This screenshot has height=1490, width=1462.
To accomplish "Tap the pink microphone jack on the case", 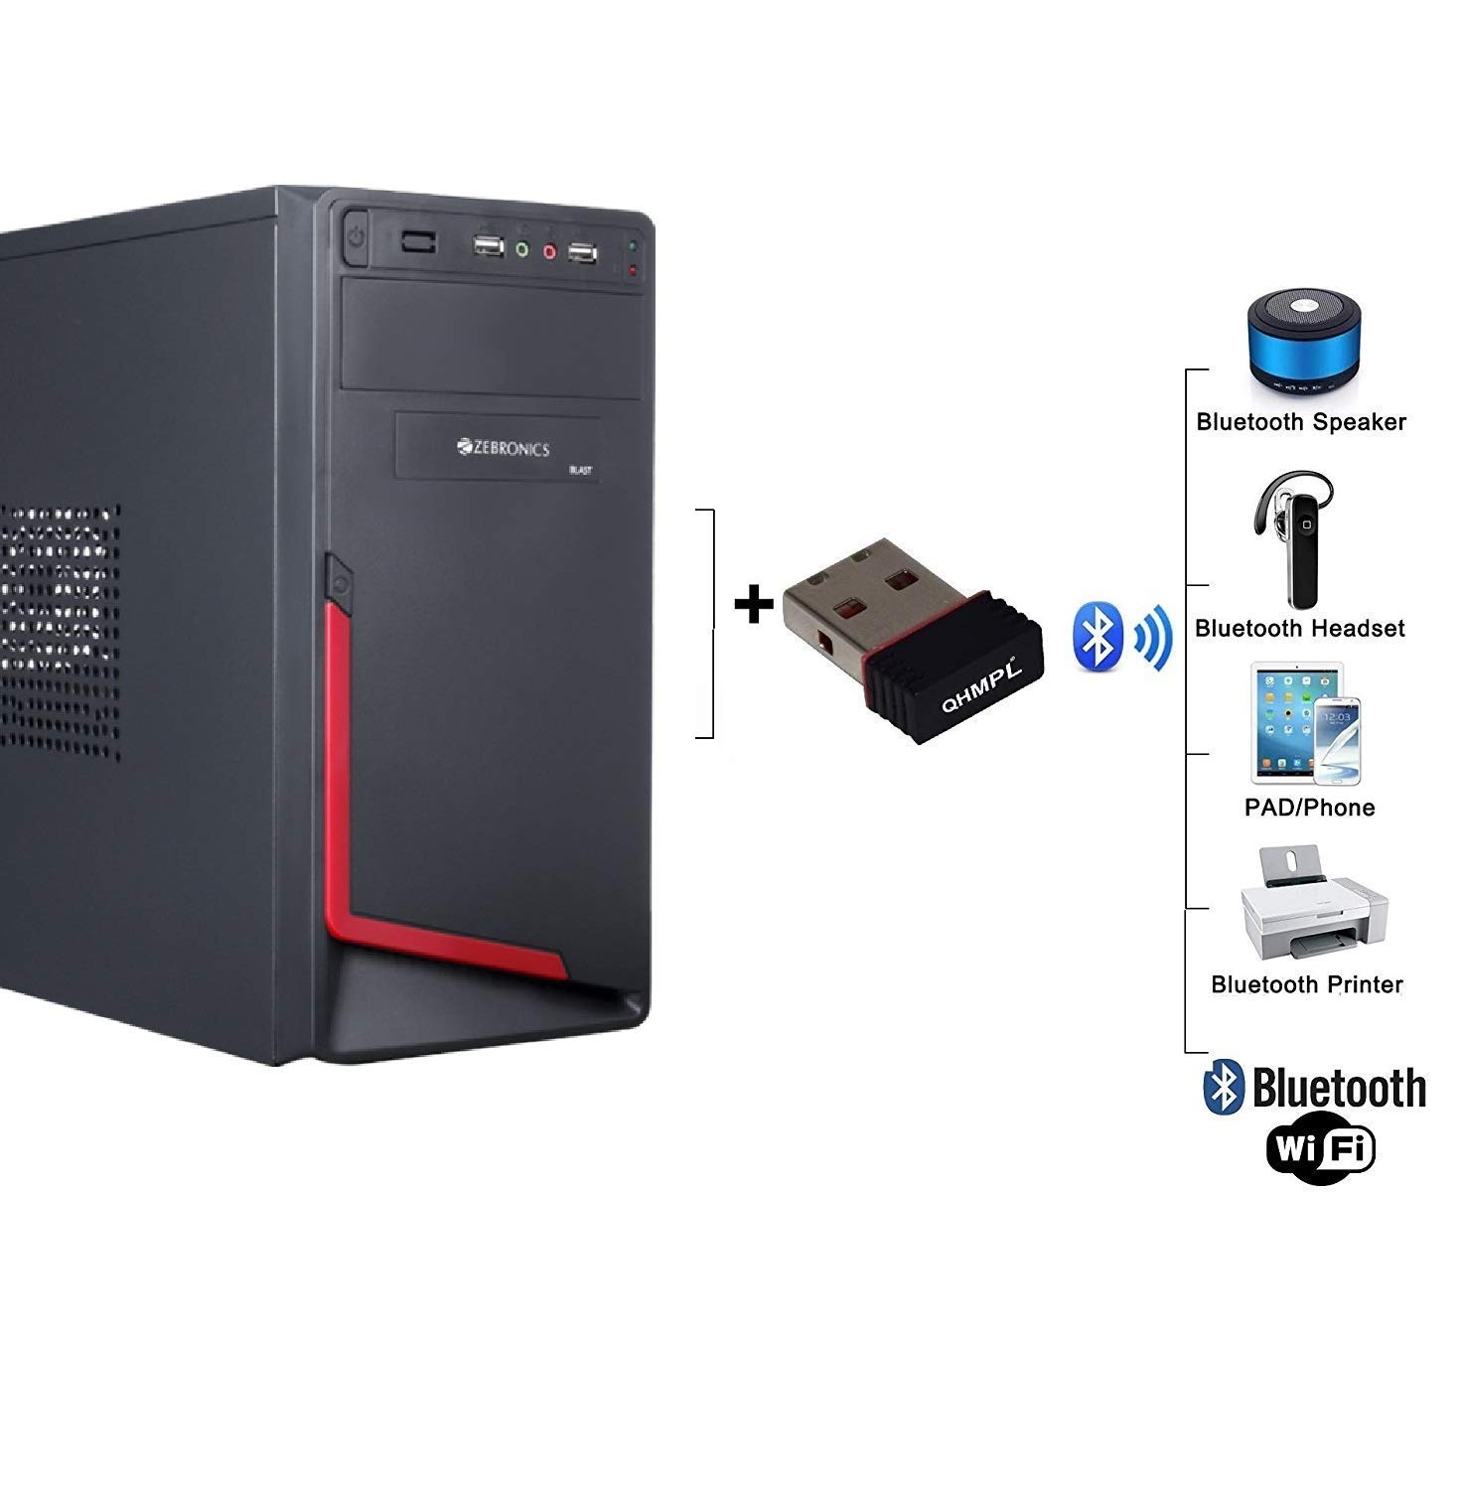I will click(x=549, y=251).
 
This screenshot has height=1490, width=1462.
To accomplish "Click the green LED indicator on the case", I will click(x=633, y=243).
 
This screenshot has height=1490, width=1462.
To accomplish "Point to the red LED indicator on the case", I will click(x=633, y=268).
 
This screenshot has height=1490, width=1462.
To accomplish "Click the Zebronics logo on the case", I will click(x=505, y=449).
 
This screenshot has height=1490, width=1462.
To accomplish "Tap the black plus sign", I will click(x=754, y=604).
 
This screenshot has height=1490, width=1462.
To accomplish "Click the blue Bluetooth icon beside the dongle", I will click(x=1097, y=636).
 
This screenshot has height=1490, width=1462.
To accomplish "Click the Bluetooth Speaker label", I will click(x=1301, y=422).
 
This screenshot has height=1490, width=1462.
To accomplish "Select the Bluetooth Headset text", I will click(x=1299, y=629).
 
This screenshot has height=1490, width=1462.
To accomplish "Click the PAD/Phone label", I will click(x=1309, y=808).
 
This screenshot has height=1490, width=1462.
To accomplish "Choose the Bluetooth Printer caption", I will click(x=1307, y=984).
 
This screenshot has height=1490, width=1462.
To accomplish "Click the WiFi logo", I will click(x=1320, y=1150).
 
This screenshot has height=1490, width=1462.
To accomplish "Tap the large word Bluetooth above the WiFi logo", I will click(x=1339, y=1089).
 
